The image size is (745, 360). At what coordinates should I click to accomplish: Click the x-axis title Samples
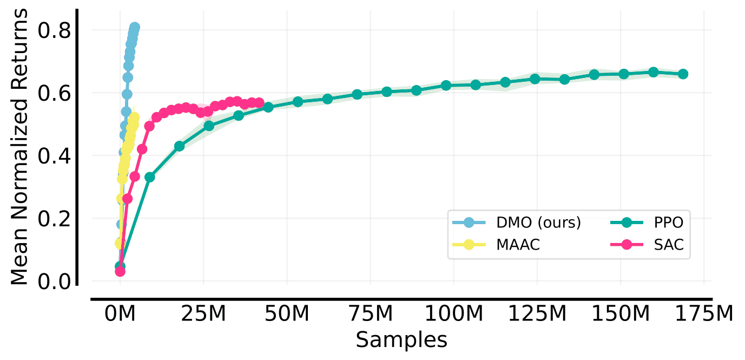pos(401,340)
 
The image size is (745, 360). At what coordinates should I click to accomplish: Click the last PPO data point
pos(683,74)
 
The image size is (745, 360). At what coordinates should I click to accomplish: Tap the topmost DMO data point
pos(135,27)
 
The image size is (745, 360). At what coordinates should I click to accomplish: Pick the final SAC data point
pos(259,103)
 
